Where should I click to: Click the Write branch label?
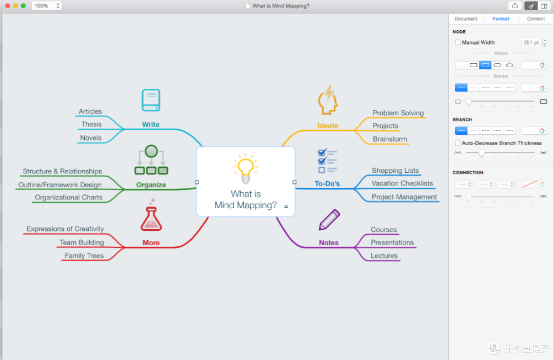pyautogui.click(x=150, y=124)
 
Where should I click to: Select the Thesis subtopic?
pyautogui.click(x=91, y=124)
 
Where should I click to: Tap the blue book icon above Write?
pyautogui.click(x=151, y=100)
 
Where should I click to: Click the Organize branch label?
pyautogui.click(x=151, y=185)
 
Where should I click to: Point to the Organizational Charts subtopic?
pyautogui.click(x=69, y=197)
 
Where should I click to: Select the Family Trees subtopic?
pyautogui.click(x=84, y=255)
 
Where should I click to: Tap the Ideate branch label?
pyautogui.click(x=328, y=126)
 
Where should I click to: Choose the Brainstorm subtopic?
pyautogui.click(x=390, y=139)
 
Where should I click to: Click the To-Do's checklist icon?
pyautogui.click(x=327, y=161)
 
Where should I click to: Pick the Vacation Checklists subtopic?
pyautogui.click(x=402, y=184)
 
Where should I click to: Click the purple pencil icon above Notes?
pyautogui.click(x=329, y=219)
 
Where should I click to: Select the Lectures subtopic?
pyautogui.click(x=384, y=255)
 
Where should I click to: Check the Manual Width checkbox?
pyautogui.click(x=458, y=43)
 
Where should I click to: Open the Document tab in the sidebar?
pyautogui.click(x=466, y=19)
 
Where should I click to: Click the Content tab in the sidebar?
pyautogui.click(x=536, y=19)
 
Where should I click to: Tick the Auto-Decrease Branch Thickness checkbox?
pyautogui.click(x=458, y=143)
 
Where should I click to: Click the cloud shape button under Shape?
pyautogui.click(x=509, y=65)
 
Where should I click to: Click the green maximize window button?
pyautogui.click(x=23, y=6)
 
